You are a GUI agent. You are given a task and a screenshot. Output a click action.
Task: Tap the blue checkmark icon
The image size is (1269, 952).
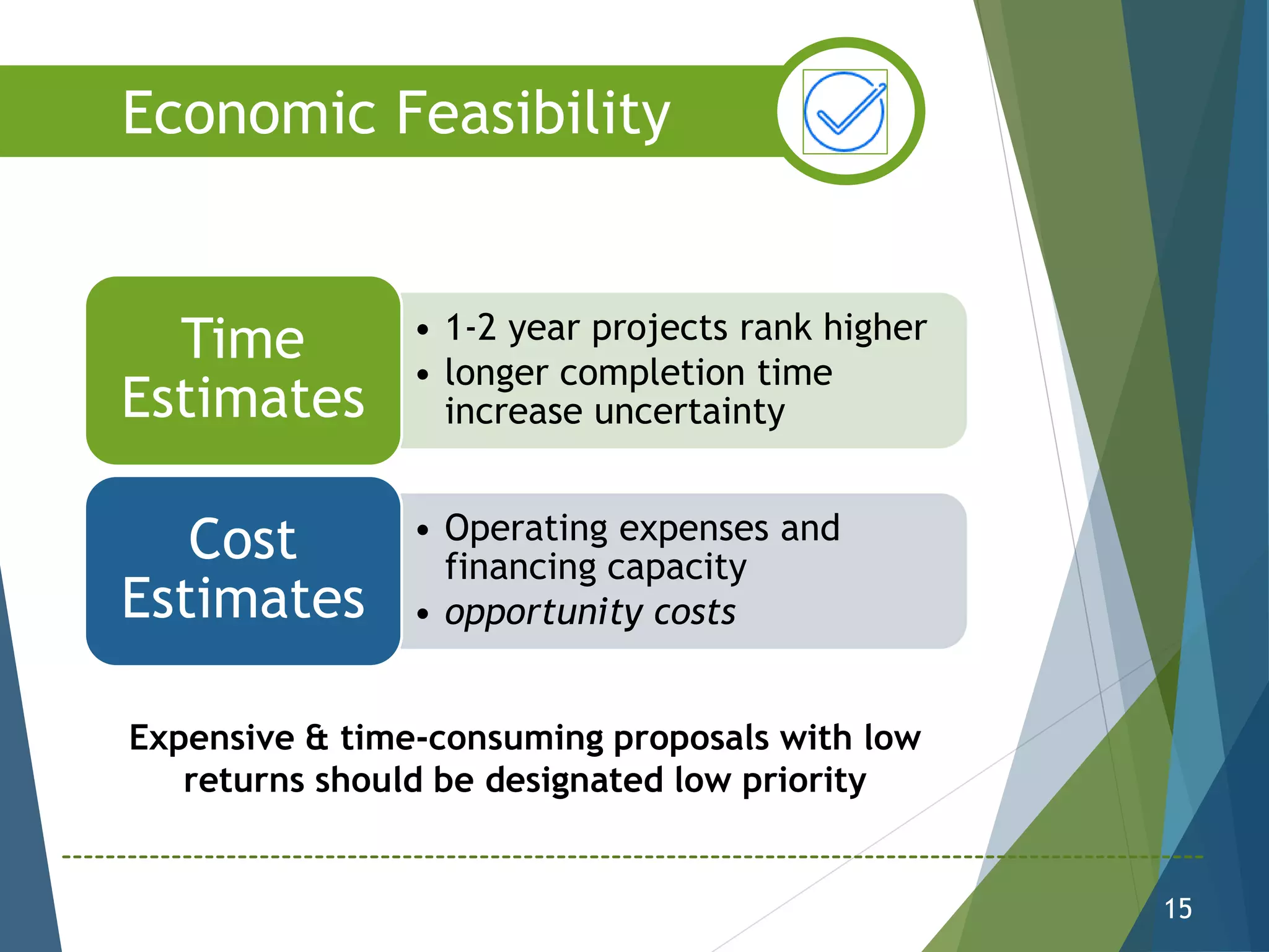tap(845, 112)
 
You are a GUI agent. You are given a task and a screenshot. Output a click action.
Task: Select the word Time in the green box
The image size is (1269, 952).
tap(243, 339)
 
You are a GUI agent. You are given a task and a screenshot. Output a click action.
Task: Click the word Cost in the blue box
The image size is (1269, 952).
tap(243, 540)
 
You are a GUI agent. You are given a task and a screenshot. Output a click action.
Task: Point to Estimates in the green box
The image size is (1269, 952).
tap(243, 398)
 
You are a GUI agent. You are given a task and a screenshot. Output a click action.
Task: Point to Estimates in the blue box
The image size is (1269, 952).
tap(243, 599)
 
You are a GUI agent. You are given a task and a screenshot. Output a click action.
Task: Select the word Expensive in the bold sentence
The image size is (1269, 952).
tap(211, 738)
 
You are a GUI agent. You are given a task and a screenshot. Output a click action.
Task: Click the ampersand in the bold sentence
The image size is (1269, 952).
tap(317, 738)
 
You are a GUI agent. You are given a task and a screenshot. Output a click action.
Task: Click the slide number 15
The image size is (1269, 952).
tap(1177, 909)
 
